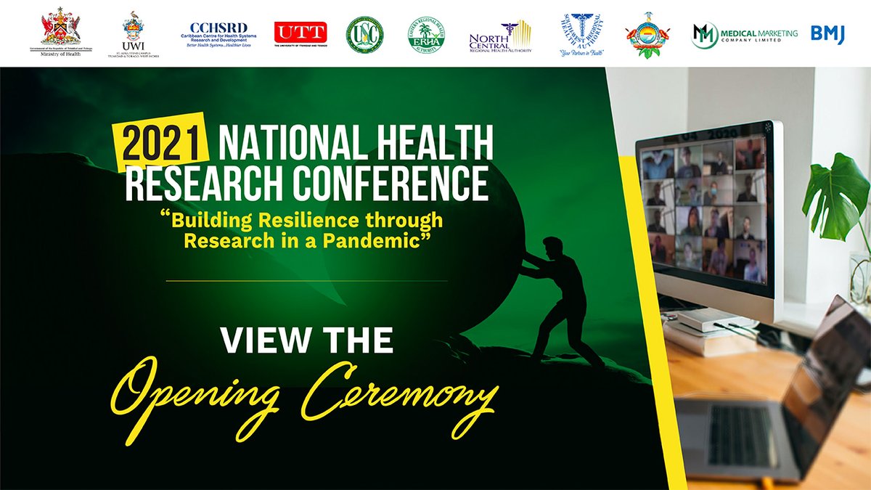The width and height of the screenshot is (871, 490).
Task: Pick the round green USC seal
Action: point(364,34)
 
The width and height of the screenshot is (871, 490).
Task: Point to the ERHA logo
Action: point(426,35)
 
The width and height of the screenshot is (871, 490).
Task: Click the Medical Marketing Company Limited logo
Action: point(744,35)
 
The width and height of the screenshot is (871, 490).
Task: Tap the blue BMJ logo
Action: point(827,34)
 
